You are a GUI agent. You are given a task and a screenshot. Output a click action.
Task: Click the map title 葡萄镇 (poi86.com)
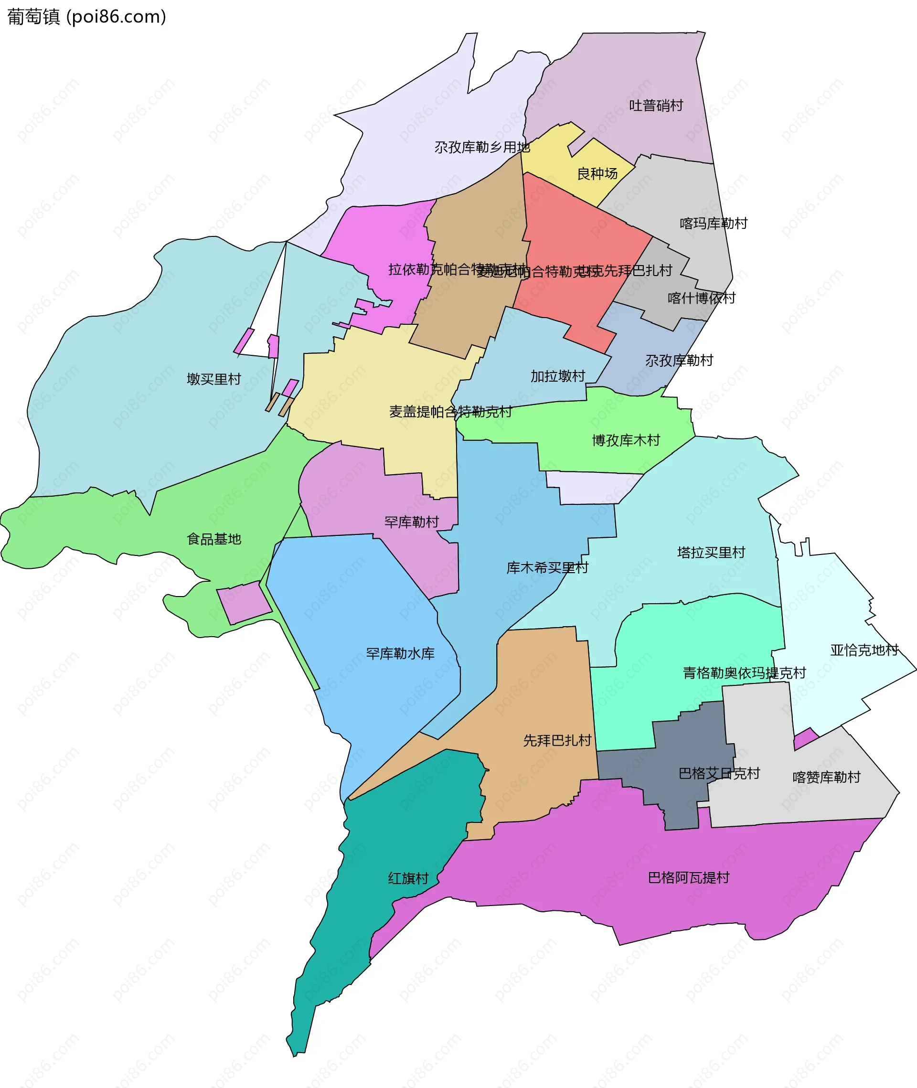[87, 17]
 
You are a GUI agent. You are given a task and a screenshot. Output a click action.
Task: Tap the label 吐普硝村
[656, 106]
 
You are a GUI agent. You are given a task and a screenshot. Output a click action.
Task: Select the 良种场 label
[597, 174]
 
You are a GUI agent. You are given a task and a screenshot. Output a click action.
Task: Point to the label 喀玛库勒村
[713, 224]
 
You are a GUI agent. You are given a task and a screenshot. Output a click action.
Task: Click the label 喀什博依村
[701, 298]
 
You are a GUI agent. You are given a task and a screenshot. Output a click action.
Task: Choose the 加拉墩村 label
[557, 376]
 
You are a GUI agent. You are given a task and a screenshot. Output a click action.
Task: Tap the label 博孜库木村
[625, 440]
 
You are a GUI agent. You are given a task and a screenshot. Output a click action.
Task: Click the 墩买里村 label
[213, 379]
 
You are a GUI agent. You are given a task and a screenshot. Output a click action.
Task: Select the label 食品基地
[213, 539]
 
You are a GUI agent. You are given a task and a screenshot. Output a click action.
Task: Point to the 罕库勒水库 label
[400, 653]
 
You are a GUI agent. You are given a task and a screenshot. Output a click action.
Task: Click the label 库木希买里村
[547, 568]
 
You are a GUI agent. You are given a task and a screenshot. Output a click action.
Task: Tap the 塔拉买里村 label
[711, 553]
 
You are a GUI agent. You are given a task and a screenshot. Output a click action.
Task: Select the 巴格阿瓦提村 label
[688, 878]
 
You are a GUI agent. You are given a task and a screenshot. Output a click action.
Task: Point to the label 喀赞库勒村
[826, 777]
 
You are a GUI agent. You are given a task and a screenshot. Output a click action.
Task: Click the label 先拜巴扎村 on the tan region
[557, 740]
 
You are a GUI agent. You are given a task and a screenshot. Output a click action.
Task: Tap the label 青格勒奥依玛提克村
[744, 673]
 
